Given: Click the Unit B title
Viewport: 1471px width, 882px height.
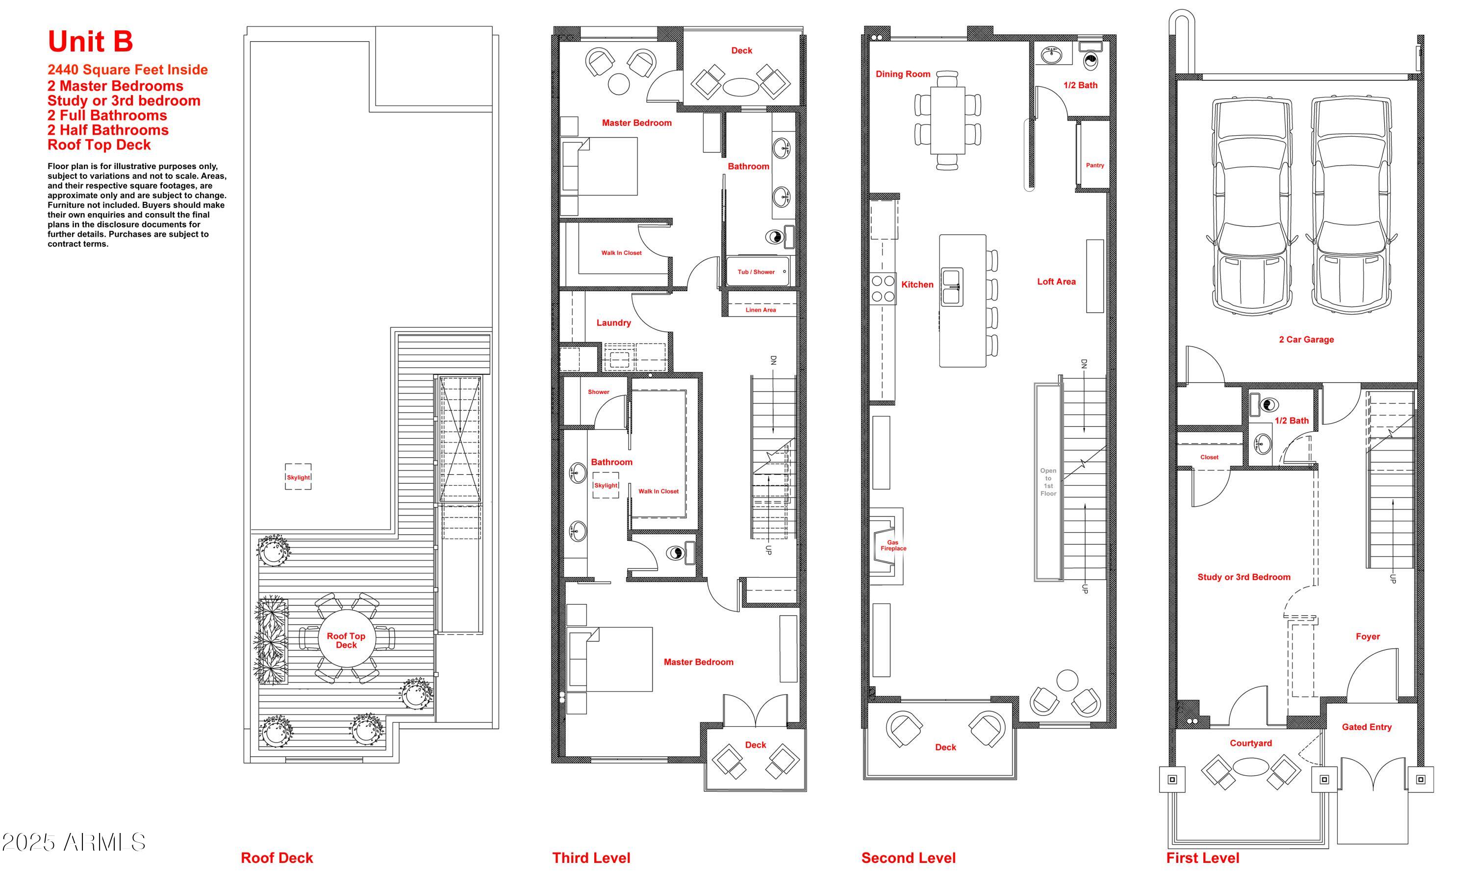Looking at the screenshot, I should click(x=90, y=42).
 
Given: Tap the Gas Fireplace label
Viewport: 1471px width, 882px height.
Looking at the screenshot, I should click(x=893, y=545).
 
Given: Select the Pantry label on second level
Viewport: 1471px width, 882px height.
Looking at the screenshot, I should click(x=1094, y=165).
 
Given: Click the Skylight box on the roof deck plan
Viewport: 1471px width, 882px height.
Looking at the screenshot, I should click(x=298, y=477).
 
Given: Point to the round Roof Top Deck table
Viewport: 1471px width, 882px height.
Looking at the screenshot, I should click(x=346, y=640).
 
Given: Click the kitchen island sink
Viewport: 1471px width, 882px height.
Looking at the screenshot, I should click(x=952, y=287).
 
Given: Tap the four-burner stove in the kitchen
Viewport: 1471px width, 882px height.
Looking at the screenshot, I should click(x=883, y=289).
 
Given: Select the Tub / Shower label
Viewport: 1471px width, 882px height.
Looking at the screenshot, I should click(x=756, y=271).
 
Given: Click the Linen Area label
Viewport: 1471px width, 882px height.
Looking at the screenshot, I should click(x=761, y=310).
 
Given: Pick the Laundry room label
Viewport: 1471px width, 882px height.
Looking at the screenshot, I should click(x=613, y=323).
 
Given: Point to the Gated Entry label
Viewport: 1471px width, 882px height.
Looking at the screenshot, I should click(x=1367, y=727).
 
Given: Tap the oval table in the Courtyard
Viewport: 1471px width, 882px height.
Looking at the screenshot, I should click(x=1251, y=767).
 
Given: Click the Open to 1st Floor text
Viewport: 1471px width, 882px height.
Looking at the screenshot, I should click(x=1048, y=482).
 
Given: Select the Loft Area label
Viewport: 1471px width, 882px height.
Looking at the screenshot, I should click(x=1056, y=282).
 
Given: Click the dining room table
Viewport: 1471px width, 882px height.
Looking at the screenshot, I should click(x=947, y=120).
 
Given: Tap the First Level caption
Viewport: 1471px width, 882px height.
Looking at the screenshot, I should click(x=1202, y=857).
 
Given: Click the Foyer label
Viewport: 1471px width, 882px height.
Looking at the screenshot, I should click(x=1368, y=637).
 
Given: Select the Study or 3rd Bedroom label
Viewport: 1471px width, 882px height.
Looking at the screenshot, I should click(x=1243, y=577).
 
